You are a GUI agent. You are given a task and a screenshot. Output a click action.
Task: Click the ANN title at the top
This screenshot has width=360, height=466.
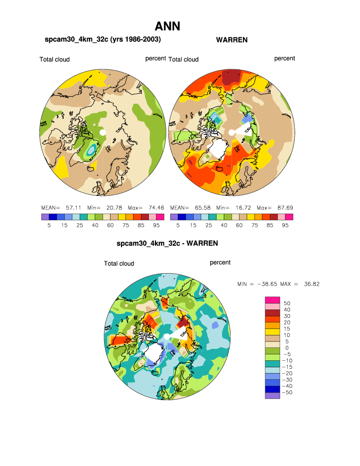pos(167,26)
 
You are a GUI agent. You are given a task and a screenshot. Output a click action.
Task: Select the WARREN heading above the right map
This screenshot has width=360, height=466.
pos(232,40)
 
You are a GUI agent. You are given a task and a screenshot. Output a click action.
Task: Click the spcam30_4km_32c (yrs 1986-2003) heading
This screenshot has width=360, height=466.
pos(103,39)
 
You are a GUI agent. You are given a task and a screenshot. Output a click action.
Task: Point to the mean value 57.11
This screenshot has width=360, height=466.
pos(74,207)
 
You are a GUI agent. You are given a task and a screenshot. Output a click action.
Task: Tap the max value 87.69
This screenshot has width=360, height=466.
pos(282,207)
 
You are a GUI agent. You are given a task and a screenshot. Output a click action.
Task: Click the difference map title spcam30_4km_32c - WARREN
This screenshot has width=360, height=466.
pos(167,244)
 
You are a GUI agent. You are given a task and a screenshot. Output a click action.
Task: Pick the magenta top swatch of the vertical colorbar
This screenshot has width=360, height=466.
pos(272,299)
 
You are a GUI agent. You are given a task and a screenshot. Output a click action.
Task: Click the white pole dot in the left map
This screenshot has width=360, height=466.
pos(103,133)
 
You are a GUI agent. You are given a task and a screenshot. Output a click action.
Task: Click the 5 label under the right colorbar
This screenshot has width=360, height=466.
pos(178,225)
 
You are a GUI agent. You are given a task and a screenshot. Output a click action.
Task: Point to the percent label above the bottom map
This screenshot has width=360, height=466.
pos(220,263)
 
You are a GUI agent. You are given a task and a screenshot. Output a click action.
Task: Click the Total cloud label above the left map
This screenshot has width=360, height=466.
pos(55,59)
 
